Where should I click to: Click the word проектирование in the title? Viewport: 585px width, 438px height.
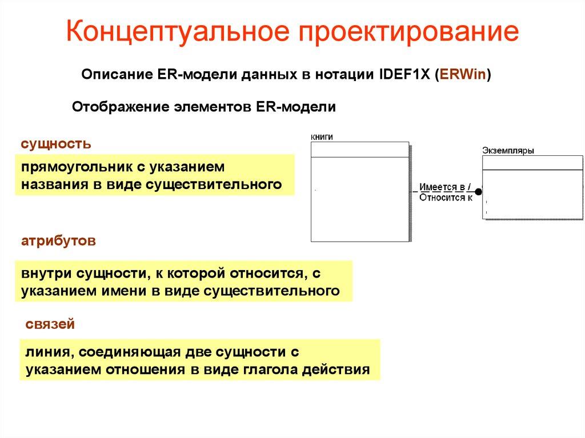[406, 33]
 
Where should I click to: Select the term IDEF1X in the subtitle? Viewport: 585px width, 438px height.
[399, 75]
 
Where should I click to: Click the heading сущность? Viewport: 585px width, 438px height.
[56, 143]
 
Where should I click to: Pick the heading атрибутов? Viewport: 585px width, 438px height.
[58, 241]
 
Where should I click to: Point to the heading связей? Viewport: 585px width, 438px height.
[50, 325]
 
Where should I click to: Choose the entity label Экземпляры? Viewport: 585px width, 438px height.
[508, 151]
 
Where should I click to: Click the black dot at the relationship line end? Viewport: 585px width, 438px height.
[479, 192]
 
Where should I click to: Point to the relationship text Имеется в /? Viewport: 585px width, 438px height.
[445, 187]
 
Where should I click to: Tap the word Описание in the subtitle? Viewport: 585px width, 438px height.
[115, 75]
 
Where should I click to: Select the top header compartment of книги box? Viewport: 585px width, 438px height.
[359, 149]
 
